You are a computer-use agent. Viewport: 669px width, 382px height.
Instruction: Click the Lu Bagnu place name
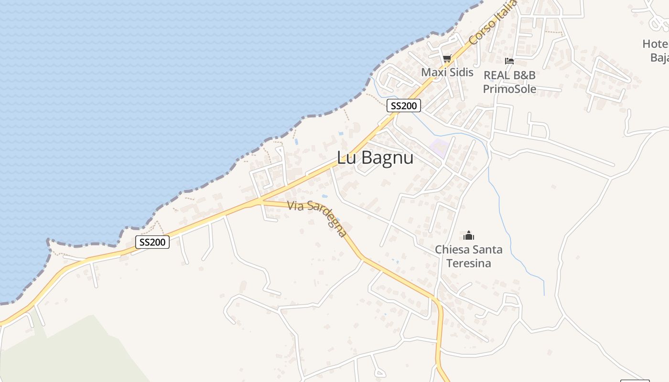point(375,158)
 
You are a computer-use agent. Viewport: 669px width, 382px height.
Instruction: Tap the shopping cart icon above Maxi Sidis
point(447,59)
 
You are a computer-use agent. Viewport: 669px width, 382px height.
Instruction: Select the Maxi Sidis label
point(447,73)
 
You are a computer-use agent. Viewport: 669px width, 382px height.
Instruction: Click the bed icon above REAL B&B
point(509,61)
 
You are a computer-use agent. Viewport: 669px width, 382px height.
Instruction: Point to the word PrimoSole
point(509,89)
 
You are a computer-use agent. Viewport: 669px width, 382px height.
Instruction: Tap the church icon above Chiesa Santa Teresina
point(469,235)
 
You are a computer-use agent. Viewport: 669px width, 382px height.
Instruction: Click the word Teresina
point(469,263)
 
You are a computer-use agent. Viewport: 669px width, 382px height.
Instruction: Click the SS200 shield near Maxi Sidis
point(404,106)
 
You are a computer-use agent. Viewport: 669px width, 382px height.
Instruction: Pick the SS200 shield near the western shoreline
point(152,242)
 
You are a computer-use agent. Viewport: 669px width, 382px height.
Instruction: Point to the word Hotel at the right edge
point(655,44)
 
